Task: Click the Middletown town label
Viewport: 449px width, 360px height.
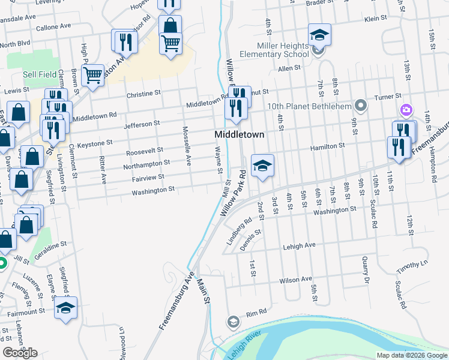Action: tap(240, 135)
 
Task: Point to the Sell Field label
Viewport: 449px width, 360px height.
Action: tap(40, 74)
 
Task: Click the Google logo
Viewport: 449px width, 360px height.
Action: tap(20, 353)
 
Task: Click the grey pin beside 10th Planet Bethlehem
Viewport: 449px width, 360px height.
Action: tap(360, 106)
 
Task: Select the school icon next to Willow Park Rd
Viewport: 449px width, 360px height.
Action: tap(262, 166)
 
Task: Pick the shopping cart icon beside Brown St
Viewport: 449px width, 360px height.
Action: tap(93, 75)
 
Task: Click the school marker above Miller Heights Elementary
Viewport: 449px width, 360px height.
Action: tap(320, 35)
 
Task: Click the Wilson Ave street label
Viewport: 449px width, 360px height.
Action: tap(296, 280)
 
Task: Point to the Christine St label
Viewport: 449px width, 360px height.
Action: tap(144, 94)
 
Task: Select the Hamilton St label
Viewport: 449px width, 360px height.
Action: tap(327, 146)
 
